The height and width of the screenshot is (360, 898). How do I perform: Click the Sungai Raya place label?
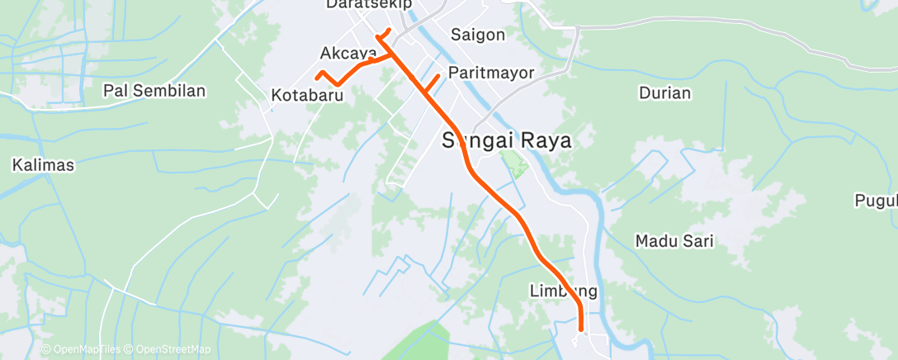(x=507, y=140)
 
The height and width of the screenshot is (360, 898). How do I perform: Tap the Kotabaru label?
(x=307, y=96)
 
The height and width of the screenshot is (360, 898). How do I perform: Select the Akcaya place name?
(x=347, y=54)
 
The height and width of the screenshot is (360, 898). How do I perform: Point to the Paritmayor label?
(x=491, y=73)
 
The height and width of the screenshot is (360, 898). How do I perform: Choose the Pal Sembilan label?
(x=154, y=90)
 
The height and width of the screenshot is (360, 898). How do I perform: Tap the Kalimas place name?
(x=43, y=165)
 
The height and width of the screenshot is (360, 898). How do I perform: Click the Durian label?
(x=664, y=92)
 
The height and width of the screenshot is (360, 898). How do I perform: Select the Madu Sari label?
(x=674, y=241)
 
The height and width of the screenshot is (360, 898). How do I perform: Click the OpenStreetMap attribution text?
(x=168, y=350)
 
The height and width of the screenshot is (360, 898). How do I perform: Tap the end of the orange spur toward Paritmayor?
(x=437, y=76)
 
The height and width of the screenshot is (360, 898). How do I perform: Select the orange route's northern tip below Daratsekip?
(x=390, y=31)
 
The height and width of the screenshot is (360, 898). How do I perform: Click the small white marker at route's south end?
(x=584, y=334)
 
